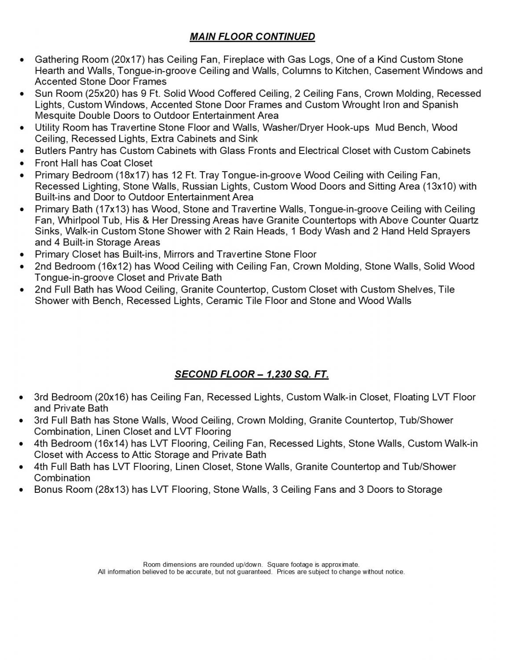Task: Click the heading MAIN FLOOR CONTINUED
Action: click(x=252, y=37)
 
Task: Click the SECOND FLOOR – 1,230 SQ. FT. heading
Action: click(x=252, y=374)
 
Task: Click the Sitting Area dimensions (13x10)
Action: click(x=439, y=186)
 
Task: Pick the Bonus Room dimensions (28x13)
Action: click(x=112, y=490)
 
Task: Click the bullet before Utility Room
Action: click(x=22, y=128)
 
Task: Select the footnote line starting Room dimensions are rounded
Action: click(x=251, y=565)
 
